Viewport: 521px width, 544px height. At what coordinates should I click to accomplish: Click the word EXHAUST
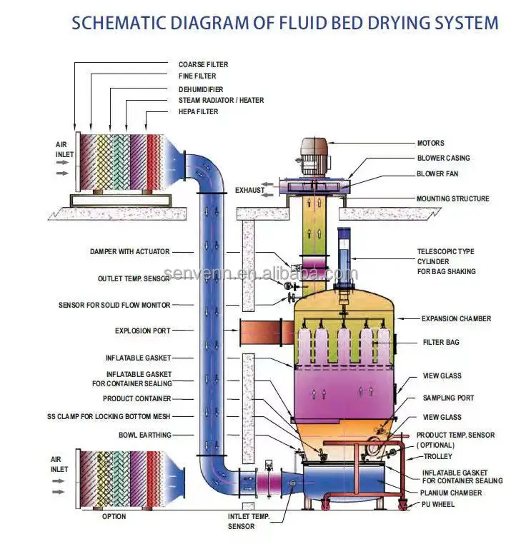(250, 190)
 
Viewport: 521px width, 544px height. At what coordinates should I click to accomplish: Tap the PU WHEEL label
(437, 505)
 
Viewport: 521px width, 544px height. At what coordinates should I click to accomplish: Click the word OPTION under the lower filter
(113, 516)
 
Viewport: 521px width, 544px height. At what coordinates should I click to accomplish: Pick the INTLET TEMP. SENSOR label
(250, 521)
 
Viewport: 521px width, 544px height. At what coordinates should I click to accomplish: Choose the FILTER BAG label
(441, 343)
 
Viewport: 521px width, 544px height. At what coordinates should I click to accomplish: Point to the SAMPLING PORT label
(448, 398)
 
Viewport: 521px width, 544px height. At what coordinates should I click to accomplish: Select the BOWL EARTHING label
(145, 434)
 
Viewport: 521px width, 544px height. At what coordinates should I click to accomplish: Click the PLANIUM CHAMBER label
(451, 493)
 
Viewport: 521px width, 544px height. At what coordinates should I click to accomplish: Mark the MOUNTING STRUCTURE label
(453, 198)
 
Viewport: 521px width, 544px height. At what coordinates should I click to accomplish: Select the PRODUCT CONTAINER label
(137, 399)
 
